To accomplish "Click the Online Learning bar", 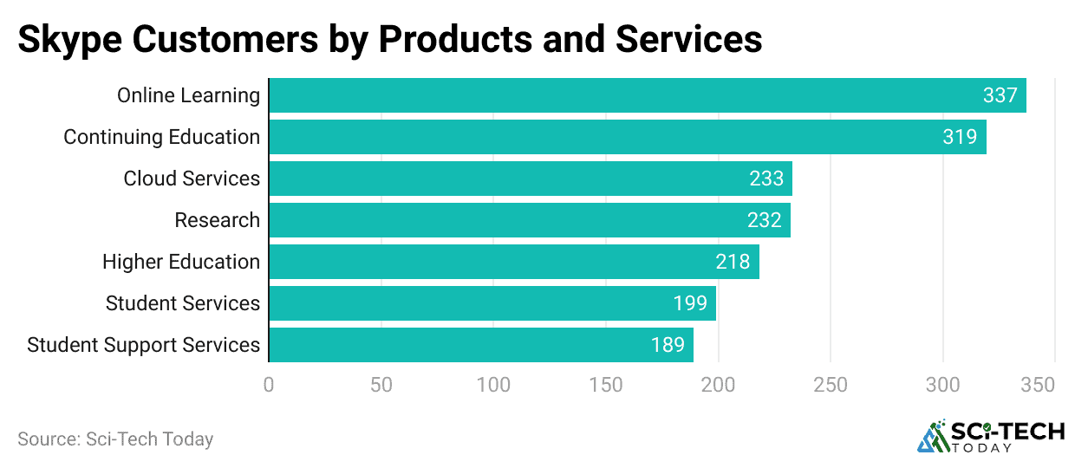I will pos(647,95).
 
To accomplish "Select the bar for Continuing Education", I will pos(627,137).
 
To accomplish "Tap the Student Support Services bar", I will pos(480,345).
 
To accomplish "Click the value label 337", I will pos(1000,95).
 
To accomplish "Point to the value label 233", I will pos(766,179).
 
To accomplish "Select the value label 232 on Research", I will pos(764,220).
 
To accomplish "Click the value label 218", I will pos(733,262).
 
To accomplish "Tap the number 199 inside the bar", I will pos(690,303).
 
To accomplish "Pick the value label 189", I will pos(668,345).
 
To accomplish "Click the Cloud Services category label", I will pos(192,179).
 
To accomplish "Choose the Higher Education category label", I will pos(181,262).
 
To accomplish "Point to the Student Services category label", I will pos(183,303).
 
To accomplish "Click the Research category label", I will pos(217,220).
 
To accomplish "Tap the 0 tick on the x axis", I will pos(269,384).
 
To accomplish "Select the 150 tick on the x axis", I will pos(605,384).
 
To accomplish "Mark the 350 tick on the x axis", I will pos(1038,384).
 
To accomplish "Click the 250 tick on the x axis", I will pos(830,384).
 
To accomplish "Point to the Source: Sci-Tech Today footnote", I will pos(115,439).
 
